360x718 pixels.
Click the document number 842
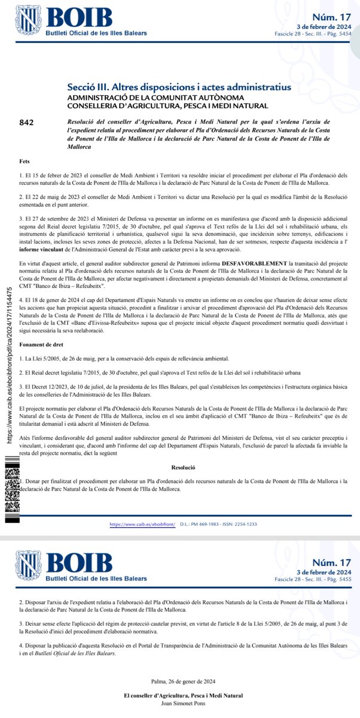click(x=26, y=123)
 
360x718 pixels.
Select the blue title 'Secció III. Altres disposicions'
click(x=179, y=87)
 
